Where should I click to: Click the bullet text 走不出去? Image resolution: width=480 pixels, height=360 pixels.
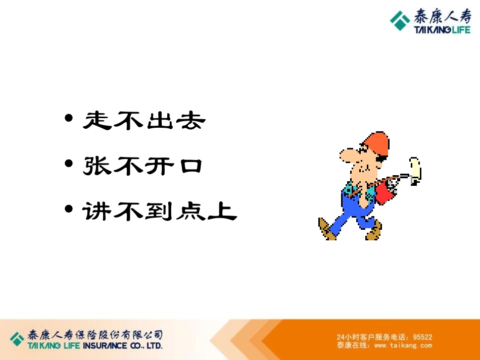(144, 121)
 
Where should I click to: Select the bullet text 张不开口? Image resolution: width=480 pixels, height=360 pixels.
(143, 166)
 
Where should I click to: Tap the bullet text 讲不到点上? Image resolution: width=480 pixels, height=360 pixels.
(160, 211)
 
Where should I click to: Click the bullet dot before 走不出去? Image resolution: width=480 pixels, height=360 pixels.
(69, 120)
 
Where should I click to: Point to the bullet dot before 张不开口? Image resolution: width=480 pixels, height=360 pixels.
(69, 165)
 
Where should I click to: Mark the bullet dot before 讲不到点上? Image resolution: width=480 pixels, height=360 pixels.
(69, 210)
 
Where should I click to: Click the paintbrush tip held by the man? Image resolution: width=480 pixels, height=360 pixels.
(415, 168)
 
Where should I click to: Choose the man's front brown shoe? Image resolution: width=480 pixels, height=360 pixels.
(374, 233)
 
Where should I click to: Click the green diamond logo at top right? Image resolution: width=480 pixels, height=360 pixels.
(400, 21)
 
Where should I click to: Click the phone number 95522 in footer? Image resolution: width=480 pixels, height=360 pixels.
(422, 337)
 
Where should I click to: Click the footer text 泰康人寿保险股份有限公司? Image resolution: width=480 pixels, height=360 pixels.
(95, 335)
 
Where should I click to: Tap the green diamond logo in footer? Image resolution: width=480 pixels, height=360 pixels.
(17, 339)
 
